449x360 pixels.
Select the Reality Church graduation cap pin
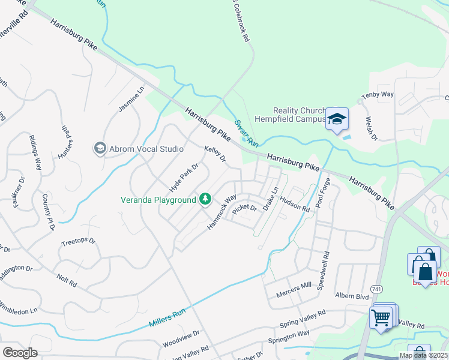337,120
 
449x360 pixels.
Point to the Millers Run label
168,317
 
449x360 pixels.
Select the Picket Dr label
244,209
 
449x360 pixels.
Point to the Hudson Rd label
294,205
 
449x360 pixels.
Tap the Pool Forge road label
322,192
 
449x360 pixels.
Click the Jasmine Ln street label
131,100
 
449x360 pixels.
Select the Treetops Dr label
79,242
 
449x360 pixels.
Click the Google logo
20,353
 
